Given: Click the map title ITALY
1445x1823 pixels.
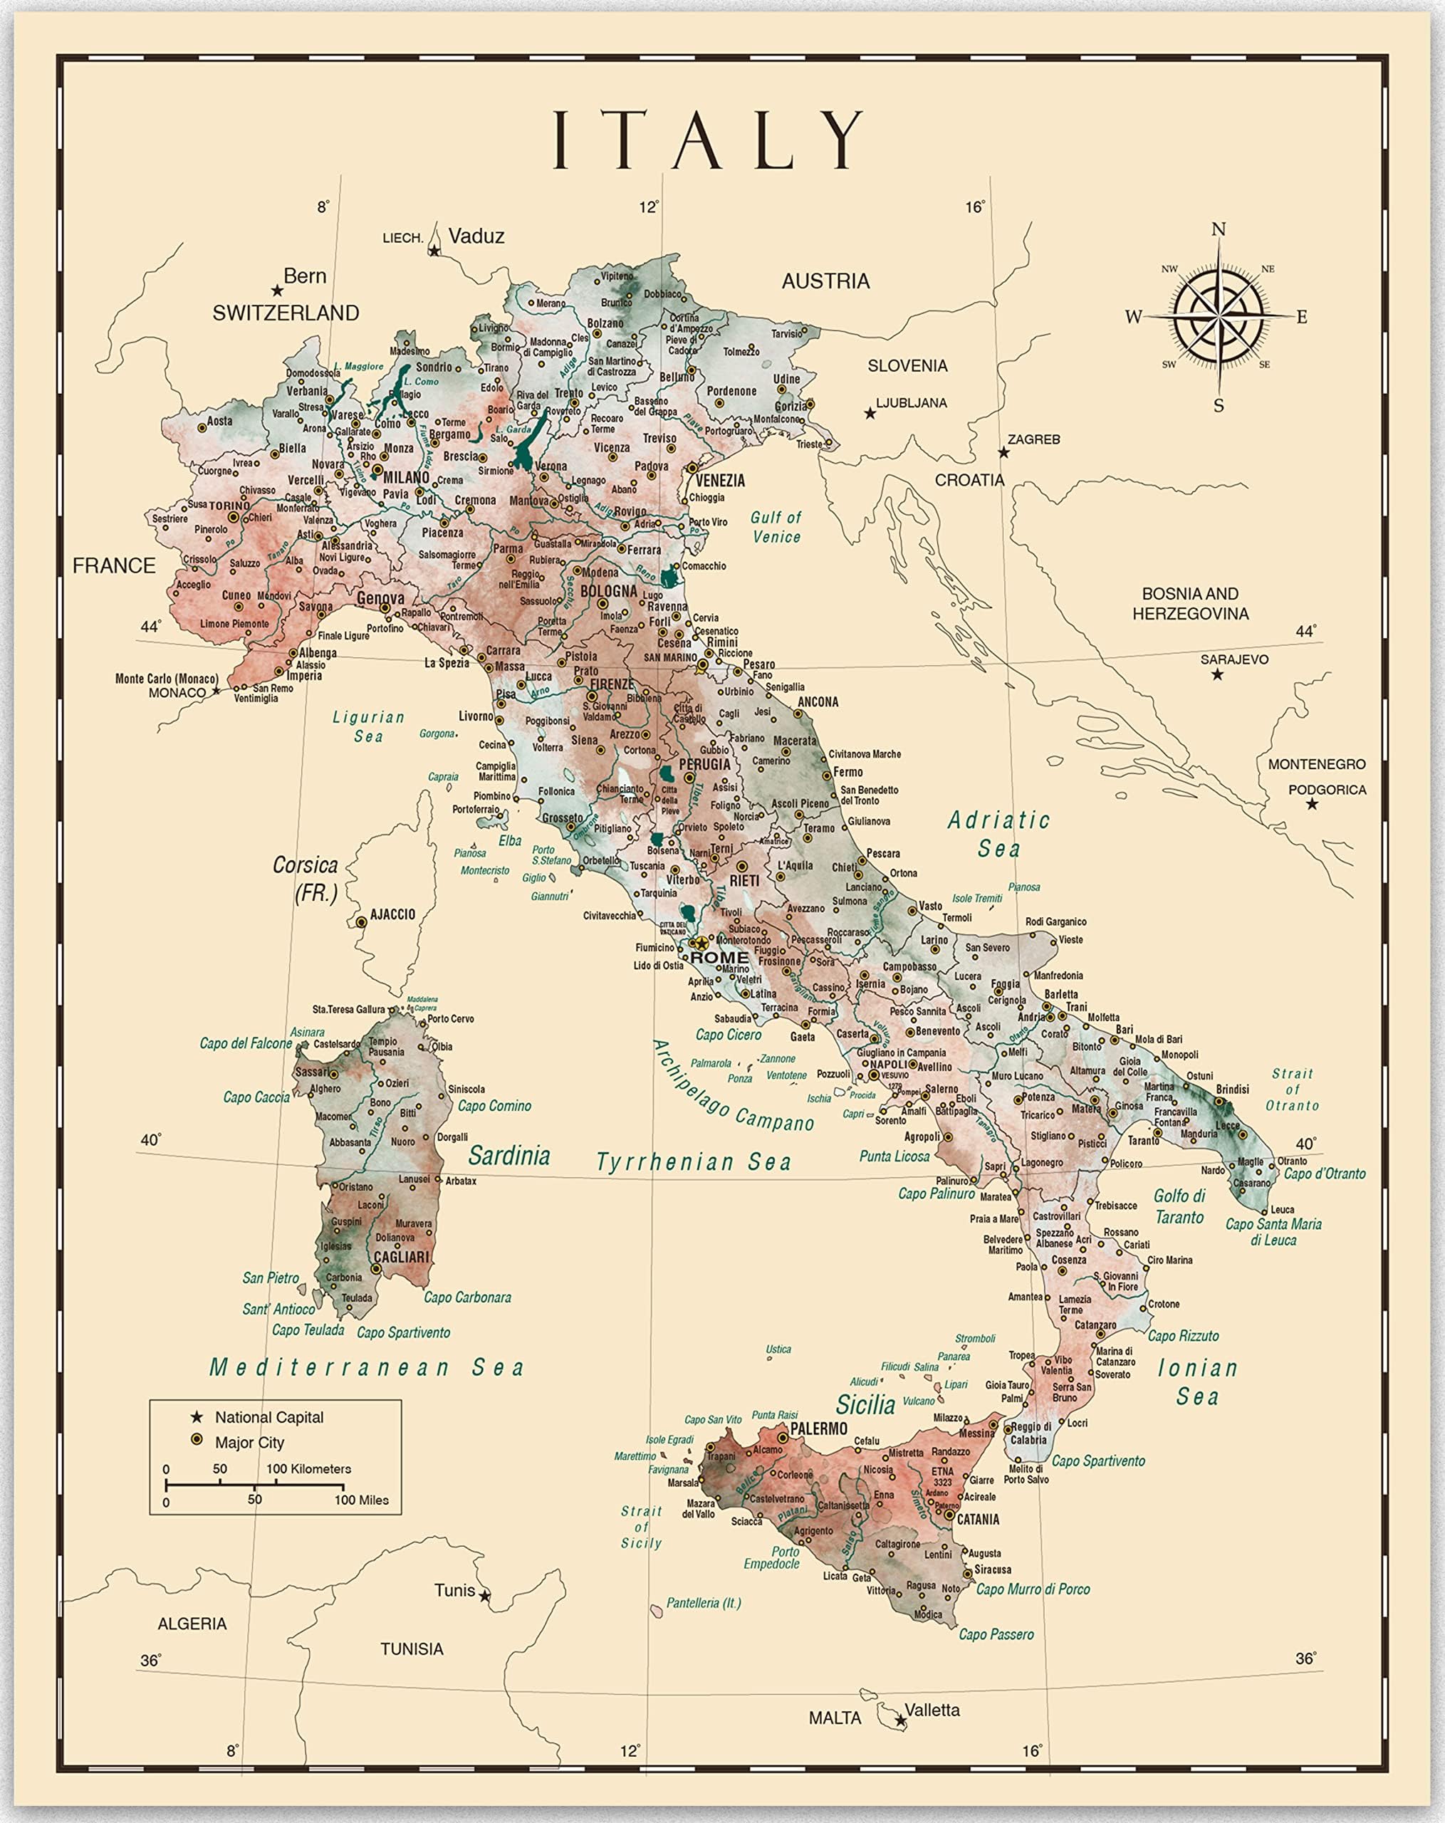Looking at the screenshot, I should click(709, 140).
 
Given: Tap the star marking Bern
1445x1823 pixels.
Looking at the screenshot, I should click(276, 291).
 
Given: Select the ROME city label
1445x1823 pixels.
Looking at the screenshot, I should click(719, 958).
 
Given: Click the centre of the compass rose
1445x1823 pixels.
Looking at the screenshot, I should click(1219, 316).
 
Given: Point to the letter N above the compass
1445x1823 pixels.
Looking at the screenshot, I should click(1219, 229).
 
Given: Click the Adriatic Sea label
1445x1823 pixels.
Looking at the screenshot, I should click(998, 834).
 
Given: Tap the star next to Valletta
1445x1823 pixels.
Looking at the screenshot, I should click(900, 1720).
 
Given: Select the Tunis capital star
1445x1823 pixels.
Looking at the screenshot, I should click(484, 1597).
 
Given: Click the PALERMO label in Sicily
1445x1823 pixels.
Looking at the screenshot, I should click(818, 1429).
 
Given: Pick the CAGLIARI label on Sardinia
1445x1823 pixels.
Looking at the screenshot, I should click(402, 1258).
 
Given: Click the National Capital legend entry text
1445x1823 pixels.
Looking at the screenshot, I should click(269, 1418).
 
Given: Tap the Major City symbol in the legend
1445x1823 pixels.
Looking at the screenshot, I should click(197, 1440).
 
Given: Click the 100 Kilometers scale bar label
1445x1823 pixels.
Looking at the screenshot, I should click(308, 1468).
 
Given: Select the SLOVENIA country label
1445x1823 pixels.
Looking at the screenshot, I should click(907, 365).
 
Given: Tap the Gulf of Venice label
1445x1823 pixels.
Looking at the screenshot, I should click(776, 527).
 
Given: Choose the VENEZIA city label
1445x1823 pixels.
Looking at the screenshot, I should click(721, 480).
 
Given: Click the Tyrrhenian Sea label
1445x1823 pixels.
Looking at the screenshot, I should click(694, 1161).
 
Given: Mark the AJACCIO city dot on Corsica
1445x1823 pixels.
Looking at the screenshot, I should click(361, 921).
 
